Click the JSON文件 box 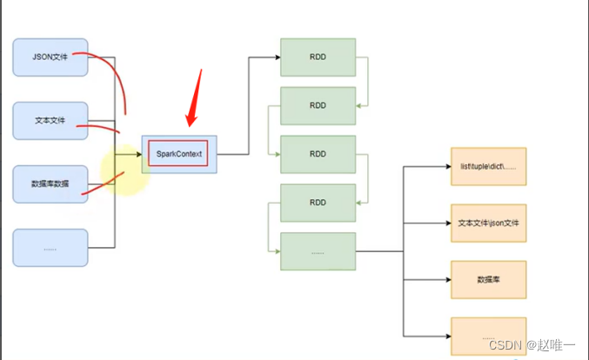[50, 57]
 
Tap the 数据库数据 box [50, 183]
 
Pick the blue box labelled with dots [50, 248]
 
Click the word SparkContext [178, 154]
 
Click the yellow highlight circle [124, 170]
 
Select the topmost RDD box [318, 57]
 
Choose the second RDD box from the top [318, 105]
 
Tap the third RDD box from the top [318, 154]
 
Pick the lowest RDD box [318, 203]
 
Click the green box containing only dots [318, 251]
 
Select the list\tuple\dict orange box [488, 166]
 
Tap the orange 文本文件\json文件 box [488, 223]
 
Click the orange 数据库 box [488, 280]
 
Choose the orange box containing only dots [488, 336]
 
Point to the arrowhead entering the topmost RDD [276, 57]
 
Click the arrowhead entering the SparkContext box [138, 154]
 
